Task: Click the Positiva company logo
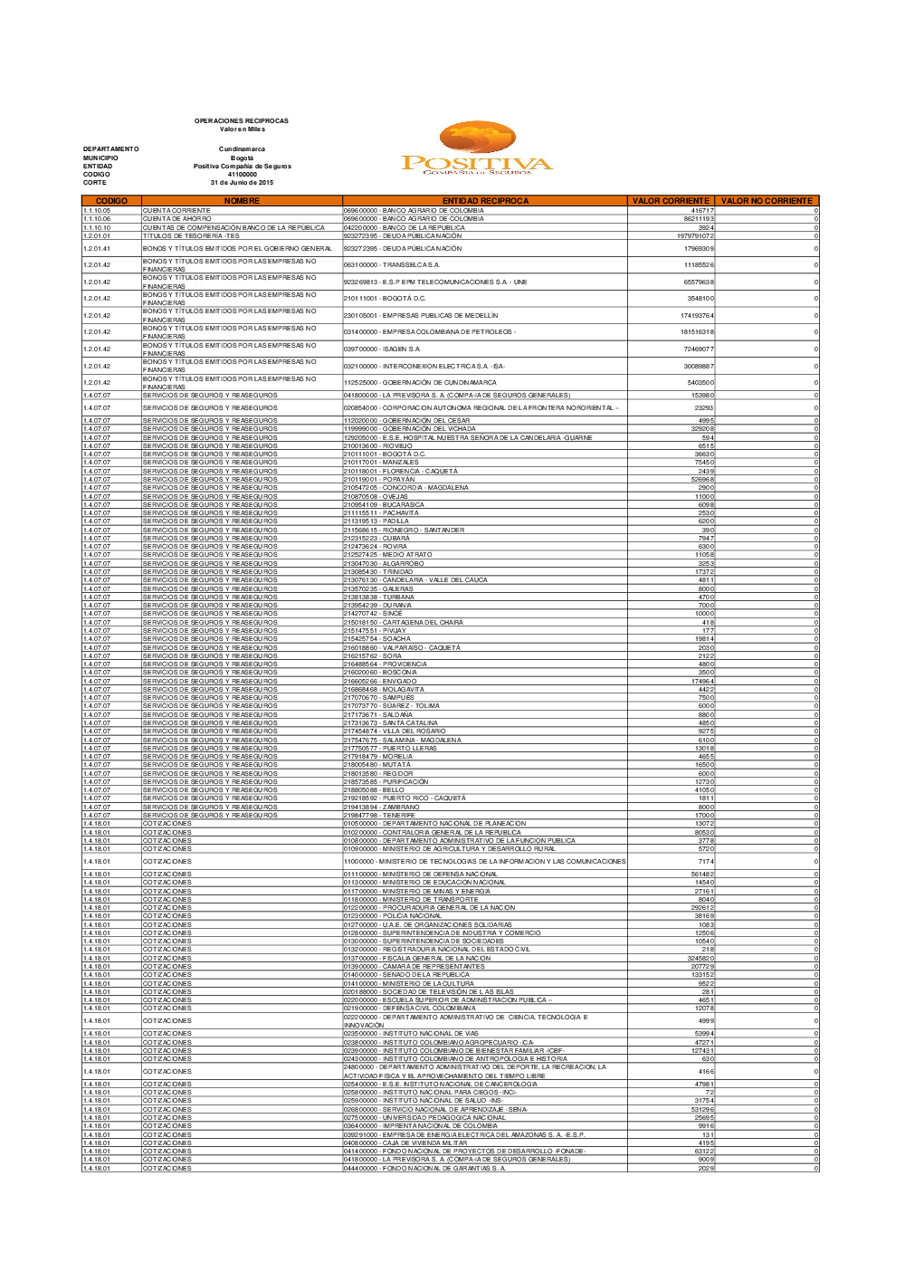click(x=477, y=150)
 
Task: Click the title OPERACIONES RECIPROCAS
click(x=241, y=120)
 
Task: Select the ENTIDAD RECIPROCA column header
click(x=485, y=201)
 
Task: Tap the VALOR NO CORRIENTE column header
click(x=767, y=201)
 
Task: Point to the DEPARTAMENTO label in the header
click(x=111, y=149)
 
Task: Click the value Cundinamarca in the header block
click(x=242, y=149)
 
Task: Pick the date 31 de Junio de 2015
click(x=242, y=183)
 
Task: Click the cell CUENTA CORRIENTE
click(x=177, y=211)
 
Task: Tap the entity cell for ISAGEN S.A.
click(x=382, y=349)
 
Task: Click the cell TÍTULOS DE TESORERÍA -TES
click(x=191, y=236)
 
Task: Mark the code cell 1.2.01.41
click(x=97, y=249)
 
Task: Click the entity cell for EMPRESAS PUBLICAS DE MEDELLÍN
click(x=421, y=316)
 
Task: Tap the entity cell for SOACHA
click(x=377, y=639)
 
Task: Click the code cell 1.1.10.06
click(x=97, y=219)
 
